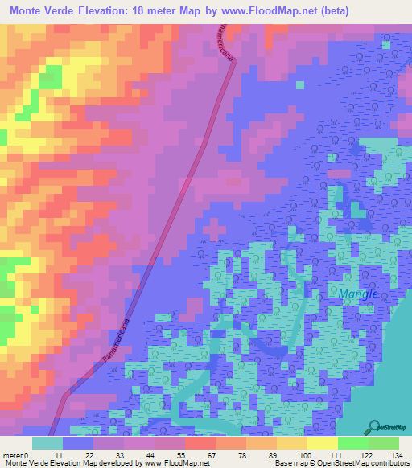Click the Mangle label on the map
358,294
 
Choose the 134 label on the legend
398,455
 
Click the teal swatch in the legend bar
47,443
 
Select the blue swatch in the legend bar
78,443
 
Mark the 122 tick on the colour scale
368,455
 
